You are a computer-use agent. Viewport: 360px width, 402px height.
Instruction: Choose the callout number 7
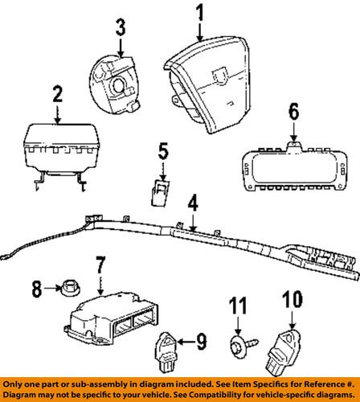(100, 264)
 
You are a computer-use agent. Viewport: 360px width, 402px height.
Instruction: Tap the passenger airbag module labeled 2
(56, 143)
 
